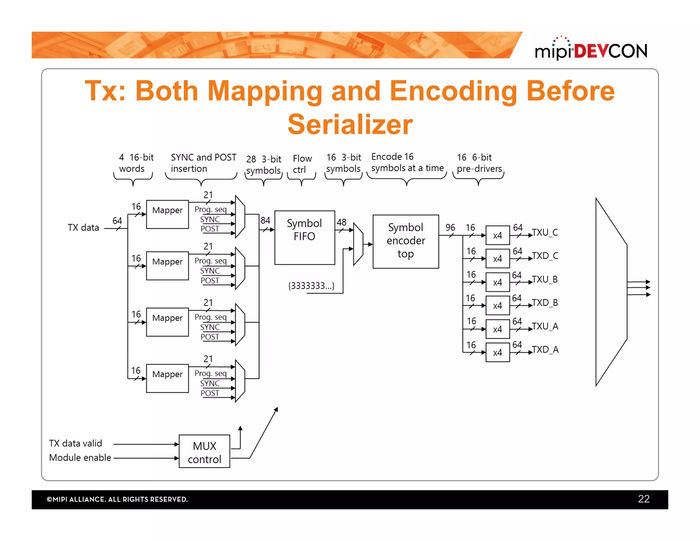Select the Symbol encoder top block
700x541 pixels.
[405, 241]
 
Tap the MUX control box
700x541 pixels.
[204, 451]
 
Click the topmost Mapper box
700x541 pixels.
[167, 214]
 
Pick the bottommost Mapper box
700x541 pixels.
[167, 378]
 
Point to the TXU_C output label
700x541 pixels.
[545, 233]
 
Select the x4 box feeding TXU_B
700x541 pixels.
[497, 282]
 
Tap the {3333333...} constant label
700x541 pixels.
[311, 286]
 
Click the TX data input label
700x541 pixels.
[83, 227]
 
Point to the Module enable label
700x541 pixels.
[80, 458]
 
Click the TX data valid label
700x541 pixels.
[76, 443]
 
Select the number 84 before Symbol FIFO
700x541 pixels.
[265, 220]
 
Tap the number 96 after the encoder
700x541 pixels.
[450, 227]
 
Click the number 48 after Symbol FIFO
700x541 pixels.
[341, 222]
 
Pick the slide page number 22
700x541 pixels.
[643, 499]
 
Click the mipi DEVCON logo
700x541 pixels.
[591, 50]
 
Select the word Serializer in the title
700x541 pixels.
[350, 124]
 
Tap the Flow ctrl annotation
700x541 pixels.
[302, 164]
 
